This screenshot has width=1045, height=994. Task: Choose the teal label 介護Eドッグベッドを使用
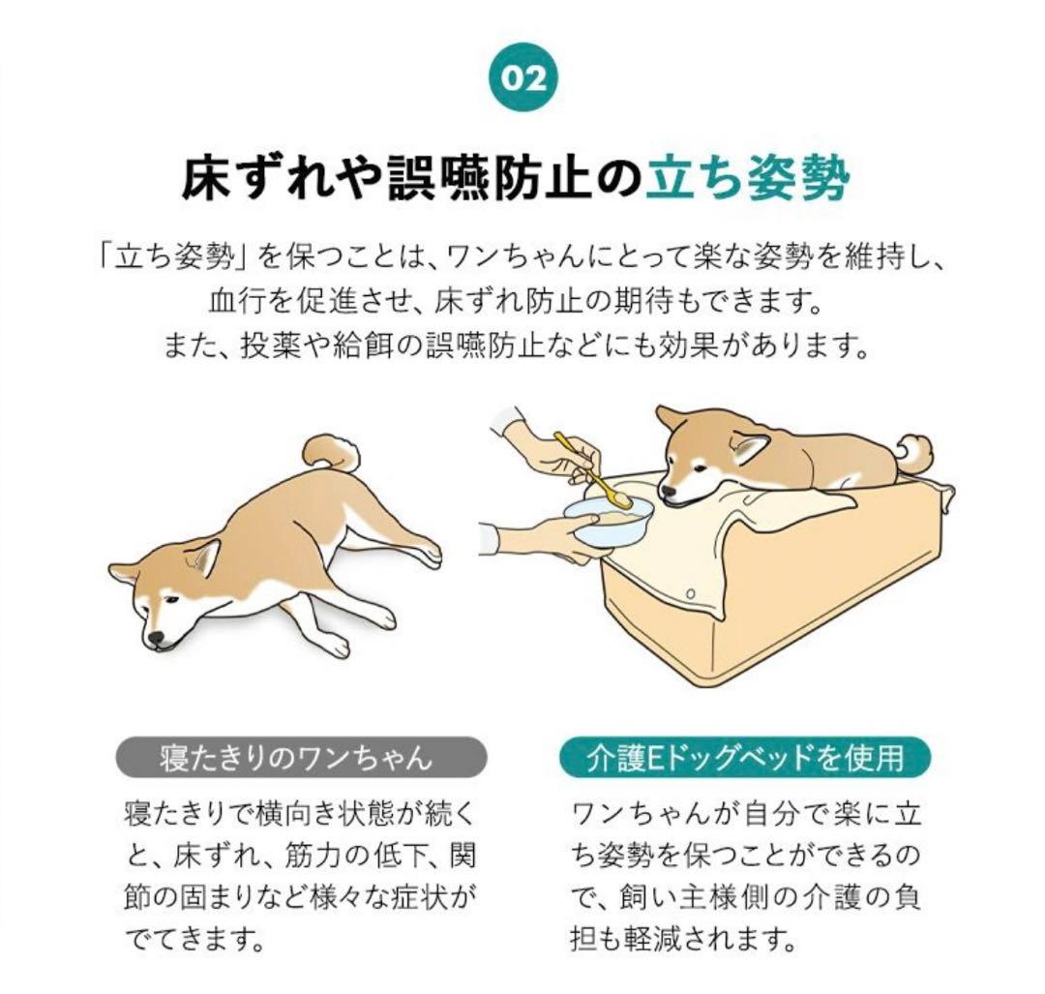[745, 756]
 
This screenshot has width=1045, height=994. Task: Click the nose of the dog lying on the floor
[156, 640]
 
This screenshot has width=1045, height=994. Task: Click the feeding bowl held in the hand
[608, 523]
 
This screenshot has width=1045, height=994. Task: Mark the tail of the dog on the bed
[915, 451]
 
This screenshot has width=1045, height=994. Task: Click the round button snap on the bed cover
[689, 592]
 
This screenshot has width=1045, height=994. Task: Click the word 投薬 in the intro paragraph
[262, 344]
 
